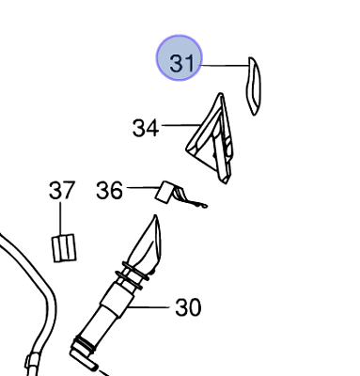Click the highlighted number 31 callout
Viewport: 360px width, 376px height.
(x=180, y=58)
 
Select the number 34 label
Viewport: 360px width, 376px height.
(x=146, y=128)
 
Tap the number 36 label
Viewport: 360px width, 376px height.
(x=109, y=190)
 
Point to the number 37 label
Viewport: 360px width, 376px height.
(x=62, y=190)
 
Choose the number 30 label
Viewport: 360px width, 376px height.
(x=188, y=307)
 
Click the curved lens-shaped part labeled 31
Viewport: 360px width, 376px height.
(x=253, y=86)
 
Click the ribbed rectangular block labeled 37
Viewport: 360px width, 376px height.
(x=64, y=248)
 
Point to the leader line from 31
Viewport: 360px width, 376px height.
(x=225, y=66)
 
